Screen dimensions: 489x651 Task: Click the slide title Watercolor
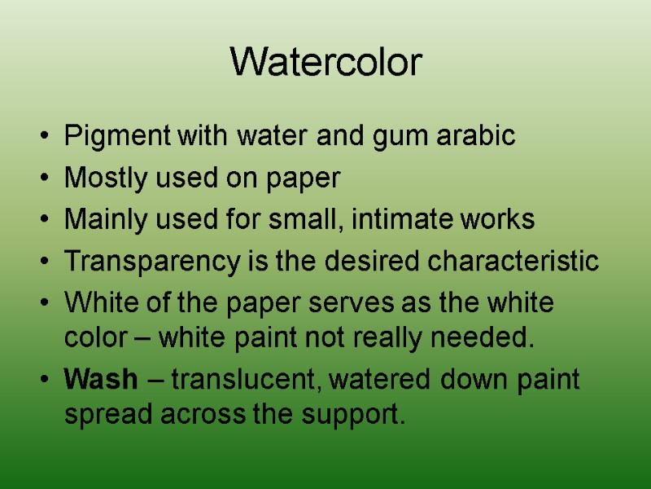click(x=326, y=63)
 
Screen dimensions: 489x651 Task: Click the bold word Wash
click(x=92, y=380)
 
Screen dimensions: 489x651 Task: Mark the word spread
click(x=106, y=415)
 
